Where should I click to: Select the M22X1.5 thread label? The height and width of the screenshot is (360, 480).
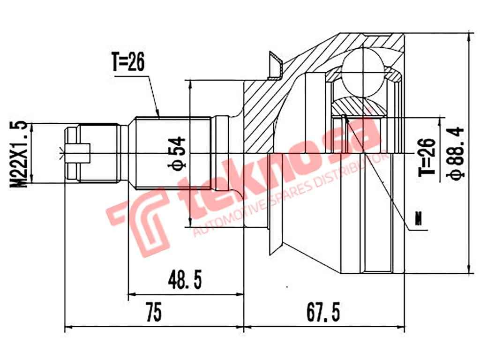coord(20,154)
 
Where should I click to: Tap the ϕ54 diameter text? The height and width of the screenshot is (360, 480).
coord(179,153)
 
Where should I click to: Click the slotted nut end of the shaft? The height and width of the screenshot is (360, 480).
coord(75,152)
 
